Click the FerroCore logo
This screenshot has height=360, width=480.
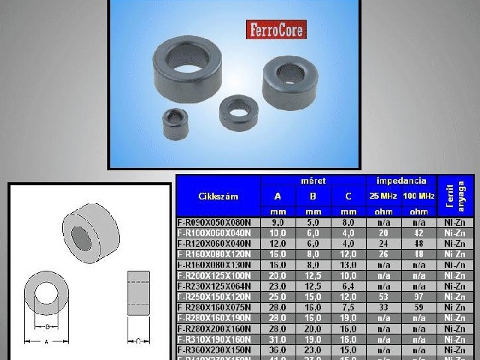coord(275,29)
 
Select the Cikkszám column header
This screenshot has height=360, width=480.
coord(218,196)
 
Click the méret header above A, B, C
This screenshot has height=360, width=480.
coord(313,181)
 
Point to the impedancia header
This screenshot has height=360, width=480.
coord(401,181)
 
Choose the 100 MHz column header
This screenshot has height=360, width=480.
coord(418,196)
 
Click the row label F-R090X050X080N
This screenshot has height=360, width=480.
coord(218,223)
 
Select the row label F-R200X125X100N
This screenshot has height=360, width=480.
coord(218,275)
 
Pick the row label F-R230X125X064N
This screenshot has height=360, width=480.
coord(218,286)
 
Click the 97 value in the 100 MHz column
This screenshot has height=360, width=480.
coord(418,296)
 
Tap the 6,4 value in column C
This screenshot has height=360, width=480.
coord(347,286)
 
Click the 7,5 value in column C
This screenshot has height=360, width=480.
coord(347,307)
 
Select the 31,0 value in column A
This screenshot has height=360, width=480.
coord(277,338)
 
